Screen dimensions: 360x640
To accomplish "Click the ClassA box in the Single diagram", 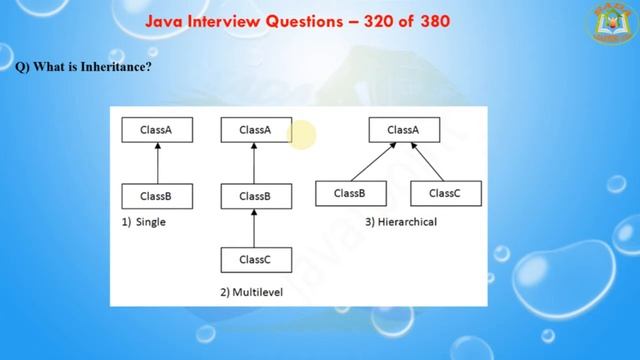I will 156,129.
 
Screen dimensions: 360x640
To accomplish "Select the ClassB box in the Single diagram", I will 156,196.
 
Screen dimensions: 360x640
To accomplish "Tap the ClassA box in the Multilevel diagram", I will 255,129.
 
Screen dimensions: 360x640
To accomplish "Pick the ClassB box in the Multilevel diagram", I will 255,196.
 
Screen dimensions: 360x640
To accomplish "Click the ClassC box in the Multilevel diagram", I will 255,259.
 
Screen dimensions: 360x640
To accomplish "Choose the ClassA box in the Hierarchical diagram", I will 403,129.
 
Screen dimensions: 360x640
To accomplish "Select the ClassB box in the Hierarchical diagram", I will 349,193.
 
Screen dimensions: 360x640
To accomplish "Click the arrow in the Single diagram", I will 156,162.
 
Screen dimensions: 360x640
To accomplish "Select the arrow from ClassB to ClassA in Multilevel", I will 255,162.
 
